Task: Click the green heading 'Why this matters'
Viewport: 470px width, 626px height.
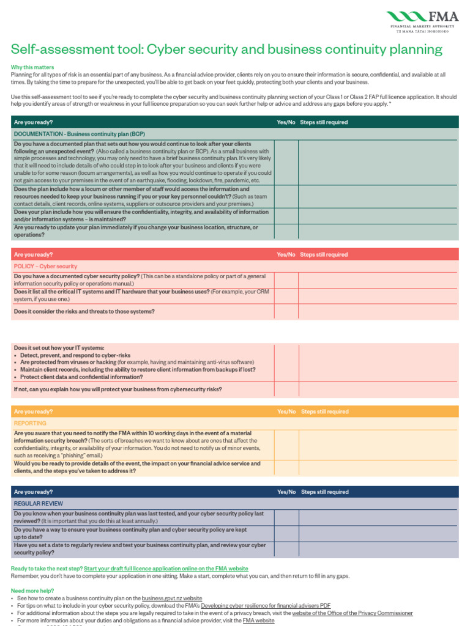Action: click(32, 67)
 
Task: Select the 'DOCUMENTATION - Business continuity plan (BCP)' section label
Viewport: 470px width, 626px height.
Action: click(80, 133)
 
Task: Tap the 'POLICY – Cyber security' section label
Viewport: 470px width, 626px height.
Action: click(45, 267)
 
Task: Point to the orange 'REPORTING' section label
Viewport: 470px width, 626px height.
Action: click(30, 423)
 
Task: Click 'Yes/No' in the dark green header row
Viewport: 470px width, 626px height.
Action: click(286, 122)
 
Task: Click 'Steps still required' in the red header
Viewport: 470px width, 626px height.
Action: click(324, 255)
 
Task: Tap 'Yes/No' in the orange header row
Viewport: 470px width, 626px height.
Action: click(286, 412)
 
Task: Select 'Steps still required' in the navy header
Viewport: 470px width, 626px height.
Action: click(324, 492)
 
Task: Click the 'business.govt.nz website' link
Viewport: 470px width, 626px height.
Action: click(172, 598)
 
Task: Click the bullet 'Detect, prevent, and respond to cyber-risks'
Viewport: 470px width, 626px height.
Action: click(75, 355)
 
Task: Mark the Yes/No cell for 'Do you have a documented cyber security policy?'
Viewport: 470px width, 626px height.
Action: click(286, 280)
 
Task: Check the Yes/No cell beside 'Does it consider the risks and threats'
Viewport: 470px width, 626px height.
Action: click(286, 311)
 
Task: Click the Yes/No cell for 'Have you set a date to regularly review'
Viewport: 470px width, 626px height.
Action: click(286, 549)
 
